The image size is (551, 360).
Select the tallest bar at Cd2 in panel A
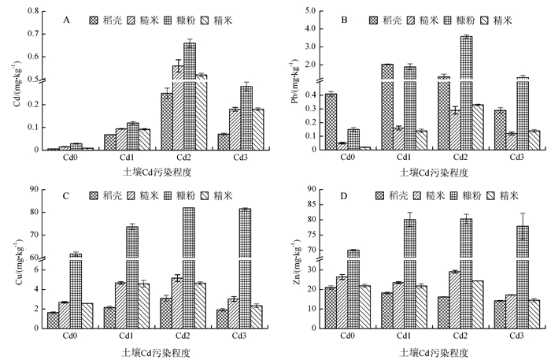point(190,95)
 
